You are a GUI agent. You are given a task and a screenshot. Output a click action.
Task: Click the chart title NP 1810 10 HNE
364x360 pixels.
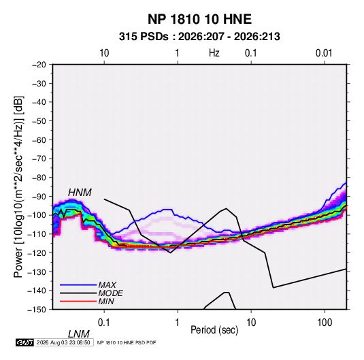(199, 19)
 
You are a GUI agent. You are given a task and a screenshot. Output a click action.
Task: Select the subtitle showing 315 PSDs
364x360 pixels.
(199, 37)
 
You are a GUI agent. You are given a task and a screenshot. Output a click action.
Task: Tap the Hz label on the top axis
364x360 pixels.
(214, 53)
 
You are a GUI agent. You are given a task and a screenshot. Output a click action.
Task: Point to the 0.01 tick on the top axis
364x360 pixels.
(324, 53)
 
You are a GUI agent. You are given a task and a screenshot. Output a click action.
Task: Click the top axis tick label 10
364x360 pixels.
(104, 53)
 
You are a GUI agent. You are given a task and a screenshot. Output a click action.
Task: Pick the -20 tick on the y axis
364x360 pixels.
(39, 65)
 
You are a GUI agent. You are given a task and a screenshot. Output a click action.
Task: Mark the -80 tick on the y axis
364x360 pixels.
(39, 178)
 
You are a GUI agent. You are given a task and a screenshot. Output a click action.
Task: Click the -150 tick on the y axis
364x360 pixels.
(37, 310)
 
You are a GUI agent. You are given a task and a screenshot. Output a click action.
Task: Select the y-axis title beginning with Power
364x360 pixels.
(18, 187)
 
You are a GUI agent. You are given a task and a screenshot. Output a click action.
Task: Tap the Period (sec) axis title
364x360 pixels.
(214, 330)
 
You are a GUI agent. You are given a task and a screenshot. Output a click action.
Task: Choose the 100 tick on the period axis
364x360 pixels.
(325, 323)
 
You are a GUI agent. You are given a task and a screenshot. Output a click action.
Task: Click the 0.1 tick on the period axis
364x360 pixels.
(104, 323)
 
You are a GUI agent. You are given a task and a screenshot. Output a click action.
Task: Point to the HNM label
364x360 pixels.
(80, 193)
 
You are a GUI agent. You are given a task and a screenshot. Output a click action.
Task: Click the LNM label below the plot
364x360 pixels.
(79, 334)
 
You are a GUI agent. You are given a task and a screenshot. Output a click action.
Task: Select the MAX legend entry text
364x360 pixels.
(107, 284)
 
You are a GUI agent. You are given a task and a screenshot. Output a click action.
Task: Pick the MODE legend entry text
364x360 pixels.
(110, 293)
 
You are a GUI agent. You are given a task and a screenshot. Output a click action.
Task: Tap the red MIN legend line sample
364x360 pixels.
(78, 301)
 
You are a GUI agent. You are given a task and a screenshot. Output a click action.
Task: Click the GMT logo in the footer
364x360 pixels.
(24, 342)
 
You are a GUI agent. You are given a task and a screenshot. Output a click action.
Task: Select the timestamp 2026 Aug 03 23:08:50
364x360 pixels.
(63, 342)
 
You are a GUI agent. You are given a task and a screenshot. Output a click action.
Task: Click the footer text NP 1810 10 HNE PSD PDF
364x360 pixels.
(127, 342)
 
